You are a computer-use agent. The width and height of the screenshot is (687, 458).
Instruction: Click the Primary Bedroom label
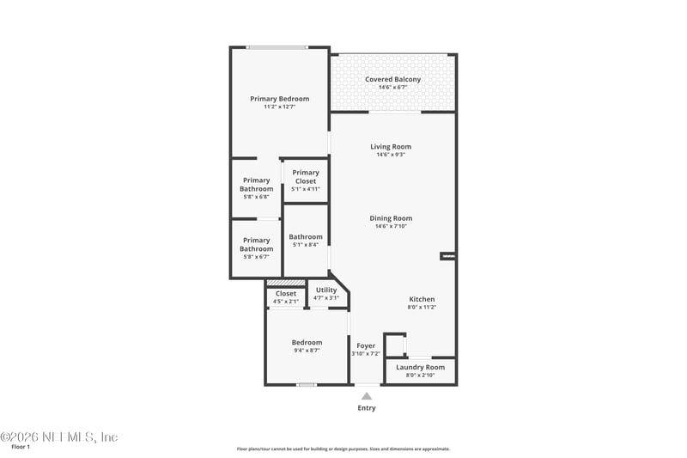[279, 99]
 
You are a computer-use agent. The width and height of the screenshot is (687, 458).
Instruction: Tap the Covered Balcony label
[392, 79]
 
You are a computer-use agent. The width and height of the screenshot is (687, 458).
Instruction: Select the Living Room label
[391, 146]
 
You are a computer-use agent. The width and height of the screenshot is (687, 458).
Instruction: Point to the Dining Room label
[391, 218]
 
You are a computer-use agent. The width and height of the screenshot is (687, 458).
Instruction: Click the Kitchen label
[421, 299]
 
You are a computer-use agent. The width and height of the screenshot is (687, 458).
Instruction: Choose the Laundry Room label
[420, 367]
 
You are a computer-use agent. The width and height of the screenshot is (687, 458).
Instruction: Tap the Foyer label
[365, 345]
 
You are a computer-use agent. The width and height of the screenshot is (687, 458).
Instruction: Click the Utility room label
[326, 290]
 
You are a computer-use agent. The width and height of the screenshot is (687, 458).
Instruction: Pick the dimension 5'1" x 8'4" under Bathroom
[305, 245]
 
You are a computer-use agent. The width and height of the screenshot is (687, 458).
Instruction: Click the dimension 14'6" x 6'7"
[392, 87]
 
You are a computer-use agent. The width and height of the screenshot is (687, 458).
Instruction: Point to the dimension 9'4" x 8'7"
[307, 351]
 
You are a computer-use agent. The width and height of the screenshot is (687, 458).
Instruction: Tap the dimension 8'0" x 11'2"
[421, 307]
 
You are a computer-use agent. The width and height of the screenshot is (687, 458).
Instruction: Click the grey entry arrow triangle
[366, 396]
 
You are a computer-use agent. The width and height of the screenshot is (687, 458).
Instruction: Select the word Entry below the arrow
[366, 408]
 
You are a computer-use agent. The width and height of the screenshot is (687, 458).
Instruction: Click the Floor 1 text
[20, 448]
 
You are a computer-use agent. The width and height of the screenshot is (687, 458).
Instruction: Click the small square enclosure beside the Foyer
[394, 345]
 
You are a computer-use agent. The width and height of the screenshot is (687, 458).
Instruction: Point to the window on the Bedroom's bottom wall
[307, 384]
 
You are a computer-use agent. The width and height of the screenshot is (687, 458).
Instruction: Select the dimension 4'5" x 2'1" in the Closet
[286, 302]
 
